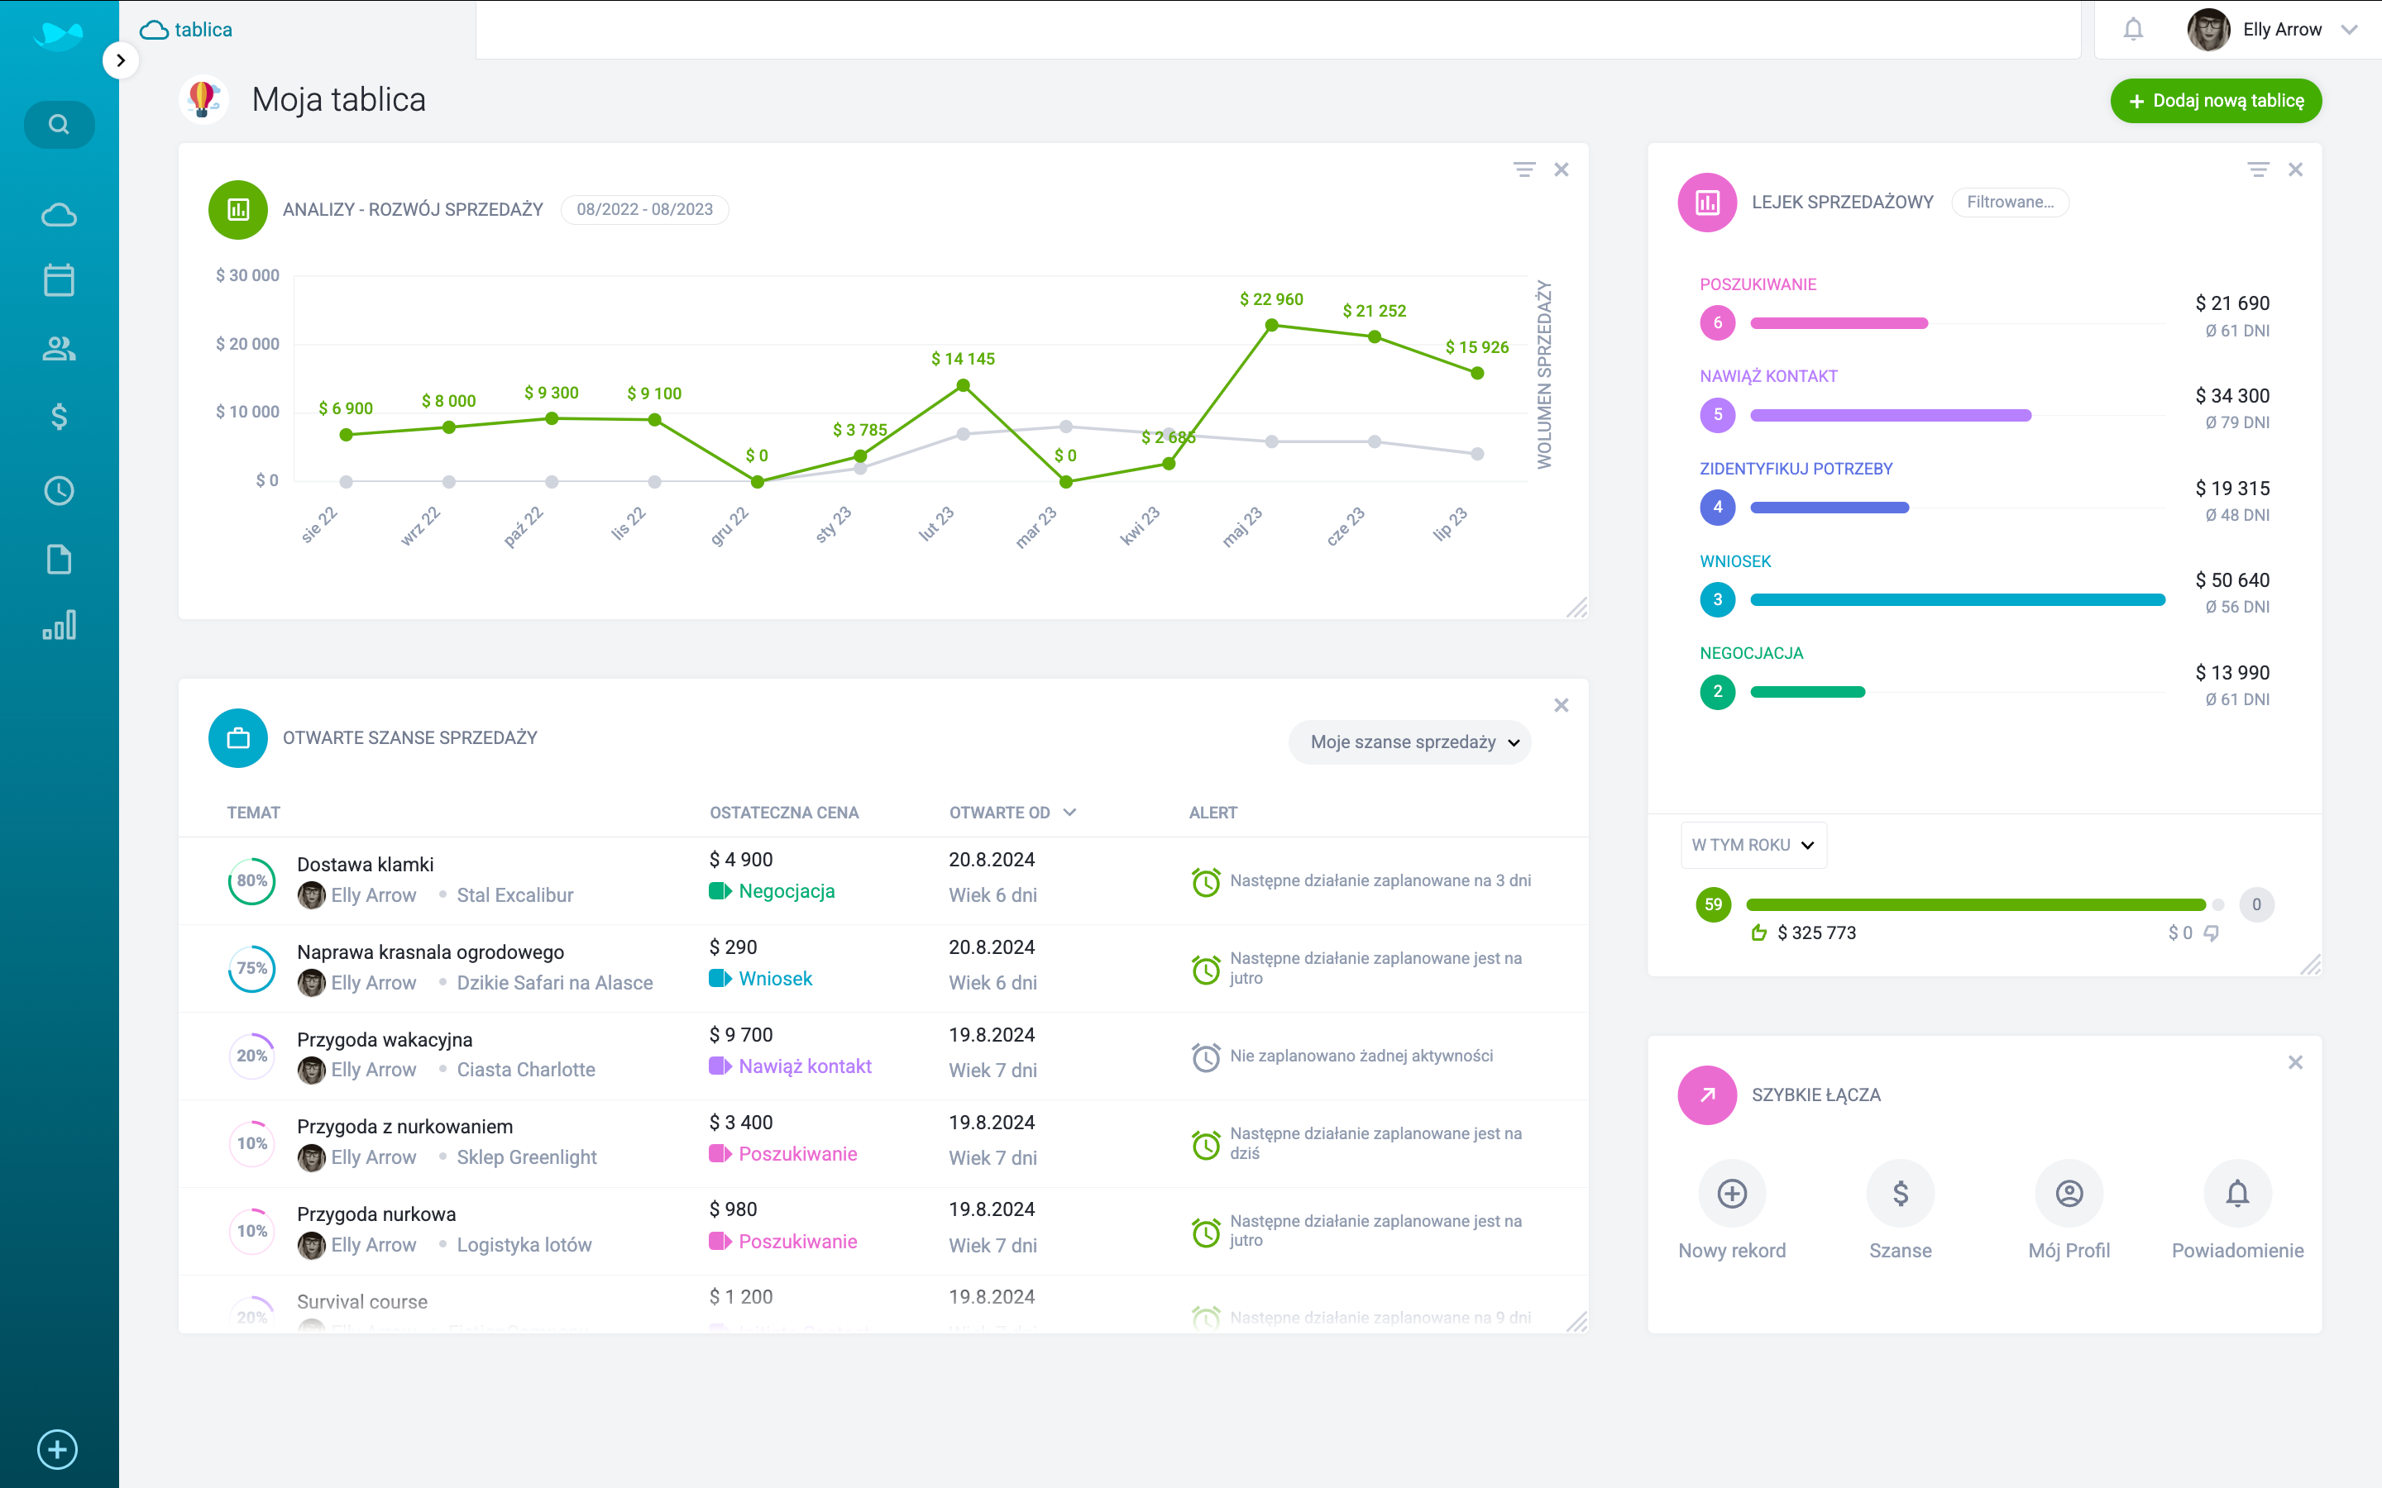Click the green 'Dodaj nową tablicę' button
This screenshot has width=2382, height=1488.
point(2215,100)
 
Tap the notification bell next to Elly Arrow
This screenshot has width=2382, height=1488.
point(2132,30)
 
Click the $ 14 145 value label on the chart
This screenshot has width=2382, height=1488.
point(963,360)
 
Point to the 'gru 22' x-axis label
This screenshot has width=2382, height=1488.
point(729,527)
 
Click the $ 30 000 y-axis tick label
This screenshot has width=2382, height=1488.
point(247,275)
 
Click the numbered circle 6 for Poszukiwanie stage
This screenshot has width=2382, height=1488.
point(1717,322)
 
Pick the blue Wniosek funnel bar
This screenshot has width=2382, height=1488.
point(1957,599)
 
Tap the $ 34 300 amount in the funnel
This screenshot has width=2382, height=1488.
point(2231,396)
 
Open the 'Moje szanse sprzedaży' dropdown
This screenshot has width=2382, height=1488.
point(1409,742)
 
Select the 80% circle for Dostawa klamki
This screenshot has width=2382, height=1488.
point(252,880)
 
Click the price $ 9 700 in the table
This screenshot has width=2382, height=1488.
point(740,1034)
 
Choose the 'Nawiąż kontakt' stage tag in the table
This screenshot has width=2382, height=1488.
point(803,1066)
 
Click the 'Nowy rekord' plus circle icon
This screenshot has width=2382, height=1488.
point(1731,1193)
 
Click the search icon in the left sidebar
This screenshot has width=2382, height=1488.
point(59,125)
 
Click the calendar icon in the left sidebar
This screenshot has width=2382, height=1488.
point(59,280)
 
